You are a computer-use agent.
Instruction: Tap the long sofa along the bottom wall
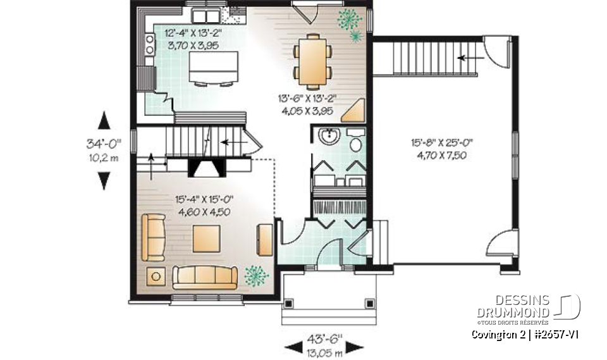click(x=205, y=277)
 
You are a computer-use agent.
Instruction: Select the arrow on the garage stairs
click(x=467, y=58)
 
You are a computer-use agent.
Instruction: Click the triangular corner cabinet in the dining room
click(x=354, y=110)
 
